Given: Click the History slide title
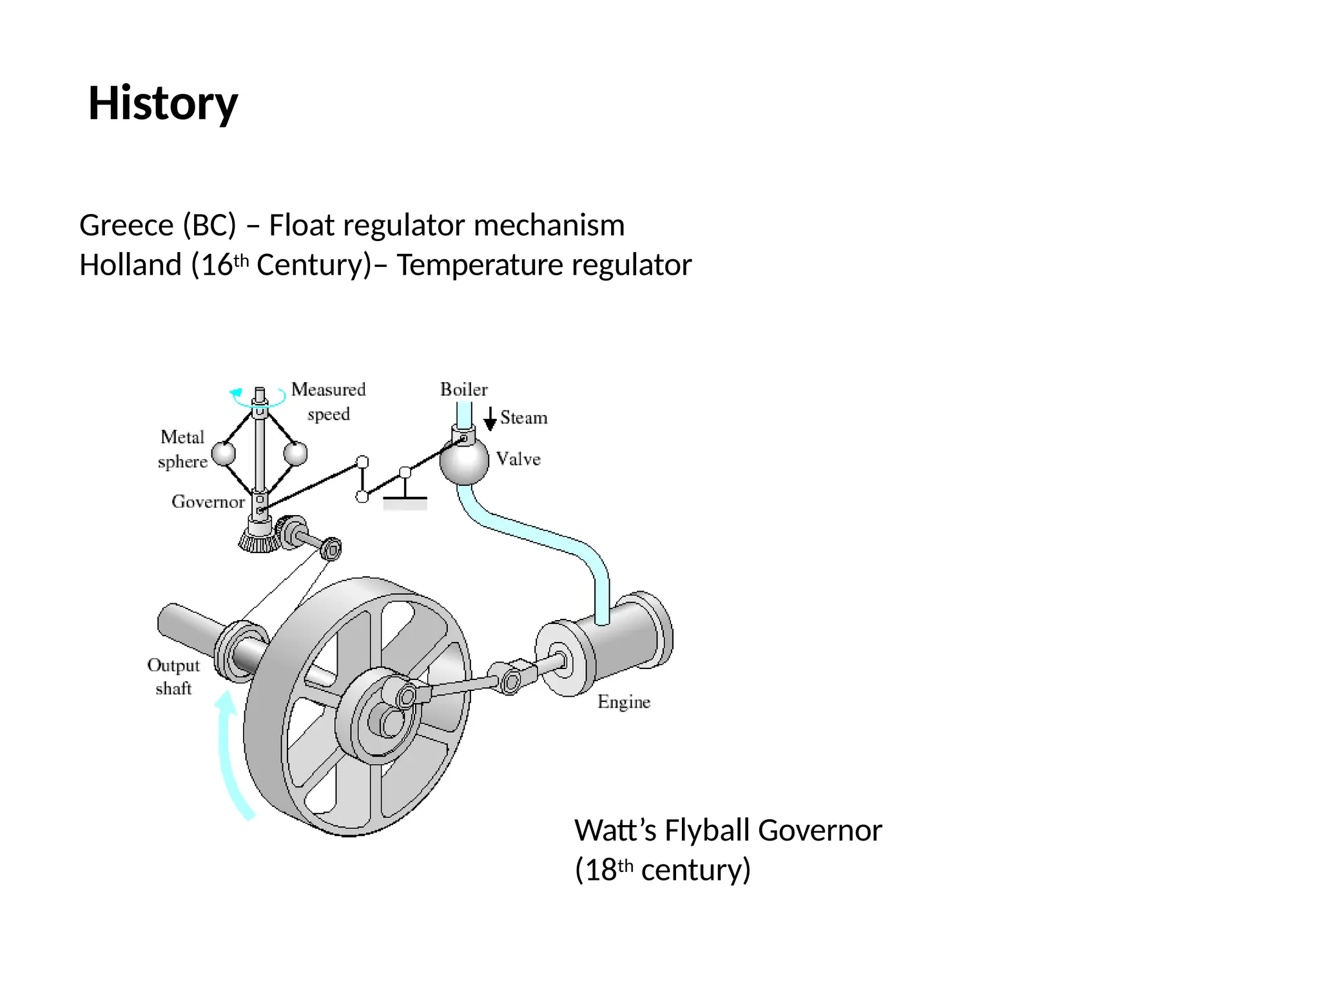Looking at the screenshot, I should pos(162,103).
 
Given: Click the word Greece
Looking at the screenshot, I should pos(126,226).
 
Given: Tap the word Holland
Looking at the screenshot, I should pos(130,265).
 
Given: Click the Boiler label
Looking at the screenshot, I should pos(463,389).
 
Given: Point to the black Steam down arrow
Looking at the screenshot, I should pos(490,418).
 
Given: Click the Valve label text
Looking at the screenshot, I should pos(518,459).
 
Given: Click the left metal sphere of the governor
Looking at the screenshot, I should pos(224,453).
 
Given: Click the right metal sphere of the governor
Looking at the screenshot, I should pos(296,453).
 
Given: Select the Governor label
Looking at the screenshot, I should pos(208,501).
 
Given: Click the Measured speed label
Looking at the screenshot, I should pos(328,401).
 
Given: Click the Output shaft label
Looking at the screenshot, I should pos(173,676).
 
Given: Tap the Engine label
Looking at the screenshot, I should pos(623,701).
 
